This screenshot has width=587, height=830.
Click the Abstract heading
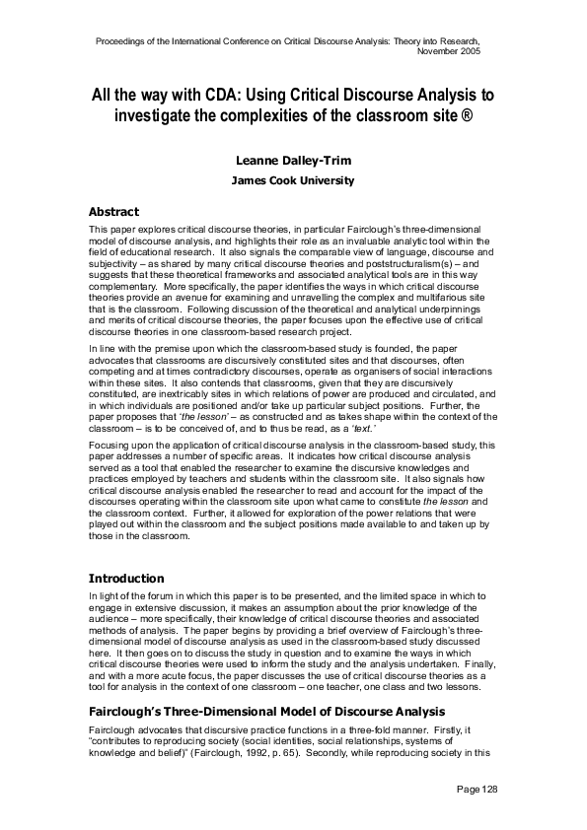click(x=113, y=212)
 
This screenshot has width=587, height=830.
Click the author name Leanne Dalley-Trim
click(x=293, y=161)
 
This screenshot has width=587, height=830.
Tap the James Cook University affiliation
click(x=293, y=181)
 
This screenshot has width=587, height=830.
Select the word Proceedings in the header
click(x=123, y=41)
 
